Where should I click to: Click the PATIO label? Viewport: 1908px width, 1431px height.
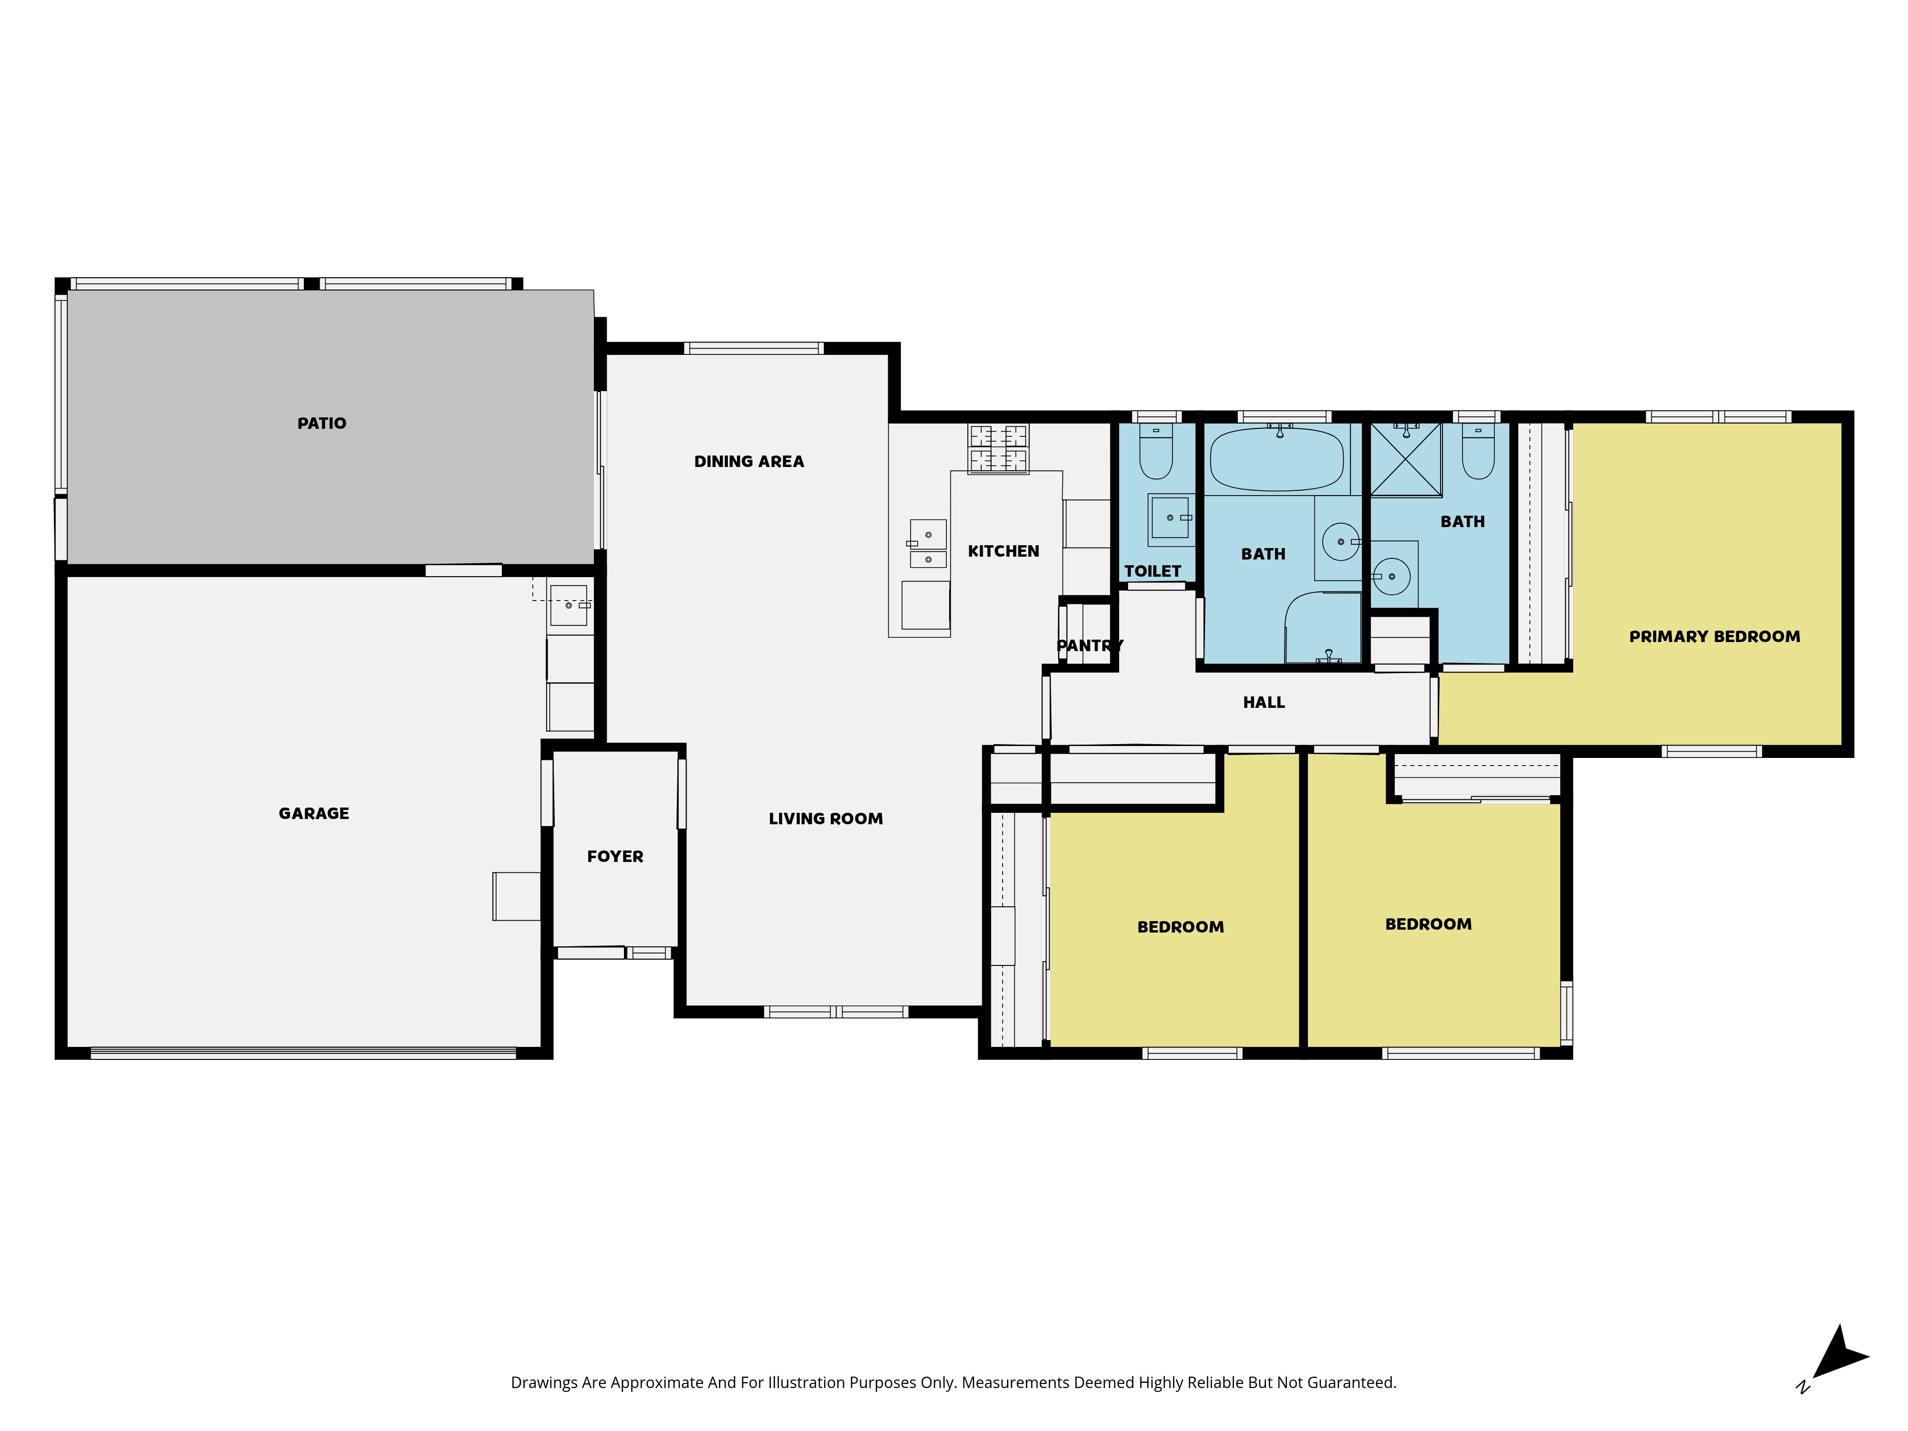(322, 424)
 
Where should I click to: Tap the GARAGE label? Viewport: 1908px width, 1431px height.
(314, 813)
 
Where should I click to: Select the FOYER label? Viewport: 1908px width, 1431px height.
(615, 857)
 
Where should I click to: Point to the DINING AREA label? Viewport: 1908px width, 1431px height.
(749, 461)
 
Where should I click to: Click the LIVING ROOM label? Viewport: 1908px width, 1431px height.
(826, 819)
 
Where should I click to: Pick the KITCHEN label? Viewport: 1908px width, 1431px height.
(1003, 551)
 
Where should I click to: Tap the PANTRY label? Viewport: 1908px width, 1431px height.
(1089, 645)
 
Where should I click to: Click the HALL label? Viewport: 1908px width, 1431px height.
(1264, 702)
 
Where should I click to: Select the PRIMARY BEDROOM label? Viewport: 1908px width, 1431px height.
(1715, 637)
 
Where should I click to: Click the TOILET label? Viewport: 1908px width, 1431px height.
(1152, 571)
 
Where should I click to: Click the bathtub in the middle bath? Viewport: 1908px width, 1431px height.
(1277, 459)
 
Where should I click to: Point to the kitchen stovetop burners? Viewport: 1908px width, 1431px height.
(998, 448)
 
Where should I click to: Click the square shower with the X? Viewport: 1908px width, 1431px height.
(1406, 460)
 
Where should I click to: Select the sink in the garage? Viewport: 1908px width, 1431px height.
(569, 605)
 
